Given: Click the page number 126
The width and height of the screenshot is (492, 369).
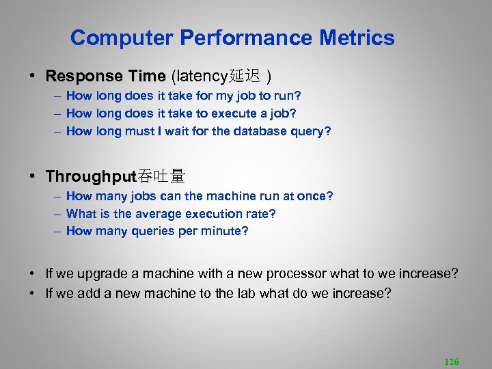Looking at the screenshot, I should [451, 361].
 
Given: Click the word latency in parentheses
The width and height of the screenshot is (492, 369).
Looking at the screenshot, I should [202, 75].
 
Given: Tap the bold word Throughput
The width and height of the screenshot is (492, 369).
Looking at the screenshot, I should [92, 176].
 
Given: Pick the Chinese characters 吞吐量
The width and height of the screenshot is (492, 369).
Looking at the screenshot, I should [162, 176].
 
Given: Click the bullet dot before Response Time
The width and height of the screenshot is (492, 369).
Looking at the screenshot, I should [32, 76].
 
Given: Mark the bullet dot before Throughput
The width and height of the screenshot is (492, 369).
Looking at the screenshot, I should [32, 177].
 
